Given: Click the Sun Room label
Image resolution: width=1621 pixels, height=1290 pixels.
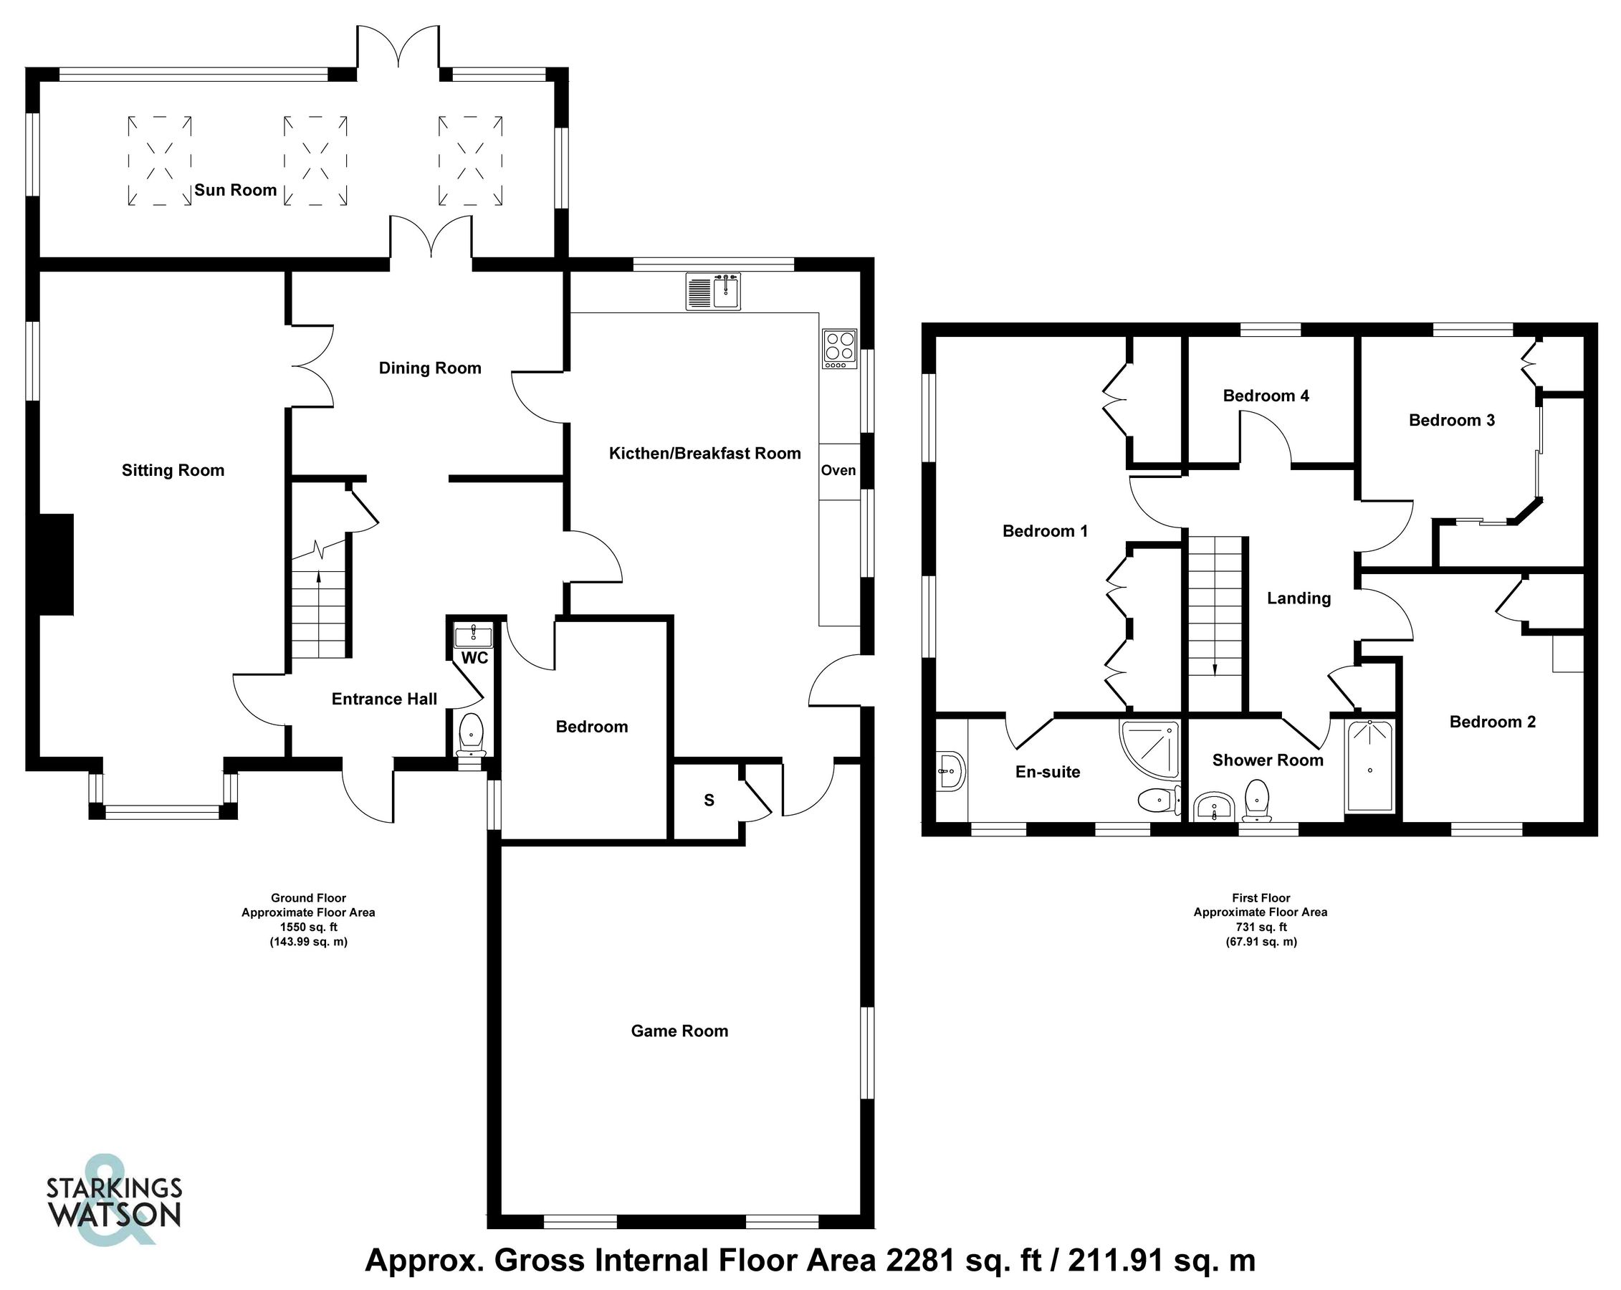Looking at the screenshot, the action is pyautogui.click(x=235, y=190).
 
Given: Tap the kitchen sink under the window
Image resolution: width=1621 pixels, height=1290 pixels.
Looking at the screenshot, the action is pyautogui.click(x=713, y=292).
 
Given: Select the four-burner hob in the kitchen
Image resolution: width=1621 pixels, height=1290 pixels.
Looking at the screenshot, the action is pyautogui.click(x=839, y=350).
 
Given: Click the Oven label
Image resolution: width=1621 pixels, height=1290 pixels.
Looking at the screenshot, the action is pyautogui.click(x=838, y=471).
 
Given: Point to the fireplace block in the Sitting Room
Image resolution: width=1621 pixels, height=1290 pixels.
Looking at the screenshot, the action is pyautogui.click(x=57, y=565).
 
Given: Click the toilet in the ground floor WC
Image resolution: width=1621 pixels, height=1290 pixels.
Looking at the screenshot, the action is pyautogui.click(x=472, y=735).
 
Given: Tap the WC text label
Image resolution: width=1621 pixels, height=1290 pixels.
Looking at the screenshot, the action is pyautogui.click(x=474, y=659).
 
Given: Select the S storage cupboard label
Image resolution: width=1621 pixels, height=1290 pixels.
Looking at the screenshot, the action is pyautogui.click(x=709, y=801).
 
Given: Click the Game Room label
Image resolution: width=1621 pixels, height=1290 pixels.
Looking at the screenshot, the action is pyautogui.click(x=679, y=1031).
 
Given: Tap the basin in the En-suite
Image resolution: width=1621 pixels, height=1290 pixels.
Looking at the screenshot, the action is pyautogui.click(x=951, y=771).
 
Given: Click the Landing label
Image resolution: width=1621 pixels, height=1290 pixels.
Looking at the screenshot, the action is pyautogui.click(x=1299, y=598).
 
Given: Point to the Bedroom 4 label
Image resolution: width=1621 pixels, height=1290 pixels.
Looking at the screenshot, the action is pyautogui.click(x=1266, y=396).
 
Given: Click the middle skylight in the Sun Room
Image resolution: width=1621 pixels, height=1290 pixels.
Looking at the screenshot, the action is pyautogui.click(x=315, y=160).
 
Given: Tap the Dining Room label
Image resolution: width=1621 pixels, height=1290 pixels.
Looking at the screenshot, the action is pyautogui.click(x=430, y=368).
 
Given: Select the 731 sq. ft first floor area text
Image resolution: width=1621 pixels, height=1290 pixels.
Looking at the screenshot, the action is pyautogui.click(x=1261, y=927).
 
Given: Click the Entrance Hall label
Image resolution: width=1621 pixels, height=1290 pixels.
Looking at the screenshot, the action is pyautogui.click(x=384, y=699).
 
